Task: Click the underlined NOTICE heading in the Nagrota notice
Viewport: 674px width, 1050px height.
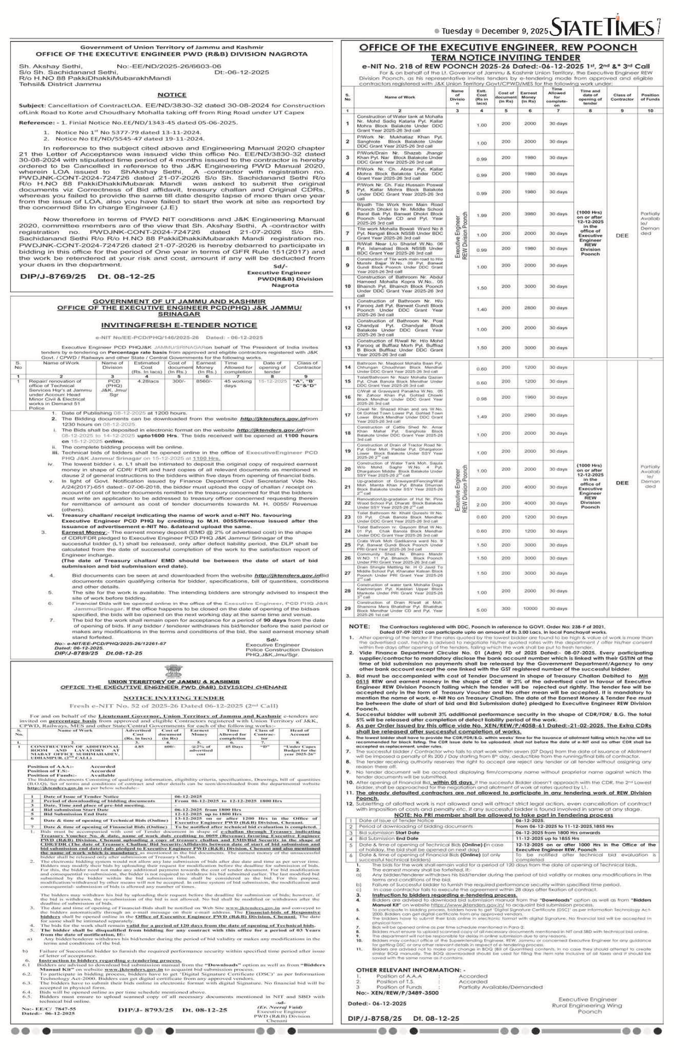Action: click(x=172, y=95)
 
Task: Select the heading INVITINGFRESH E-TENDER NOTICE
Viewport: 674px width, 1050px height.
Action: click(x=172, y=325)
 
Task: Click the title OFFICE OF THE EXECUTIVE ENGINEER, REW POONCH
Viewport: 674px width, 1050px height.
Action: click(x=498, y=48)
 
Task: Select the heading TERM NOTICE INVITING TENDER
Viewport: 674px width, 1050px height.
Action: click(x=498, y=57)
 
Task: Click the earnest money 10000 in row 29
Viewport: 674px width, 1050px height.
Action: click(x=530, y=609)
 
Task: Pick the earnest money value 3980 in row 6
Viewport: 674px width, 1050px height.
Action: click(x=530, y=215)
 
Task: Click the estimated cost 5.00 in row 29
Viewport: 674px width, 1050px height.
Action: click(x=481, y=609)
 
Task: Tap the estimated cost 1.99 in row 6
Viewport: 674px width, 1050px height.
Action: click(x=481, y=215)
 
